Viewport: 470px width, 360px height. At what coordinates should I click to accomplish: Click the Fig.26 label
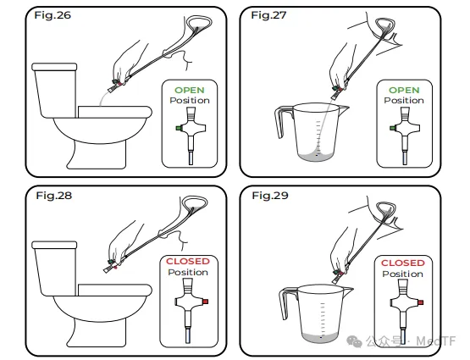pos(53,15)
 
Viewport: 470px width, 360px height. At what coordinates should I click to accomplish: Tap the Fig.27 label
pos(268,15)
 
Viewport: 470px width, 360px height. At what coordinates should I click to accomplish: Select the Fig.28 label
pos(54,196)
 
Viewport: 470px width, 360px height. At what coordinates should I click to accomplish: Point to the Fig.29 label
pos(270,196)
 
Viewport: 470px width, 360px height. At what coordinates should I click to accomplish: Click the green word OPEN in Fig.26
pos(190,91)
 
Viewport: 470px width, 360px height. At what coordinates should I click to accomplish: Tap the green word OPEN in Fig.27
pos(404,91)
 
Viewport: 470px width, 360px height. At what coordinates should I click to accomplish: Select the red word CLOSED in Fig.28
pos(188,262)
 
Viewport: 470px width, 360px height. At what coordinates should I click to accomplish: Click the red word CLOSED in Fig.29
pos(403,263)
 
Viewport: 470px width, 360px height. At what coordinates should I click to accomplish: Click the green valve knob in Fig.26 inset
pos(179,128)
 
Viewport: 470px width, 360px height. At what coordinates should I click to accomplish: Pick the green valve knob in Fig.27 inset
pos(393,128)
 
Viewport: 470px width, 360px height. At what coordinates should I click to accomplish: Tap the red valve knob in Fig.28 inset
pos(205,302)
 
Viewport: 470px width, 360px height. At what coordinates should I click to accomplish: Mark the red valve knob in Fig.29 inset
pos(421,302)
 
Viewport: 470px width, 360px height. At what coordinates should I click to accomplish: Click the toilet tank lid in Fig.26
pos(54,67)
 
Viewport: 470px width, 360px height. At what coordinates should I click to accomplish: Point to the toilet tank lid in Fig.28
pos(54,245)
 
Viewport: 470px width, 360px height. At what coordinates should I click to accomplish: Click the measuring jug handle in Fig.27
pos(281,120)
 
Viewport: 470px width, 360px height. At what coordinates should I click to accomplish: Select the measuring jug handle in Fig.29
pos(285,302)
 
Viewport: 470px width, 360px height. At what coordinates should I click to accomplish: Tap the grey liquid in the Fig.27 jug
pos(315,156)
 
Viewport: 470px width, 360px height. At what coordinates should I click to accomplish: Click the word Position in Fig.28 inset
pos(188,273)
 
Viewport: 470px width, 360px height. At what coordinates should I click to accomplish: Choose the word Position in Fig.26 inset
pos(190,101)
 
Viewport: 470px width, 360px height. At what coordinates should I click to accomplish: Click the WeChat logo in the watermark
pos(354,341)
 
